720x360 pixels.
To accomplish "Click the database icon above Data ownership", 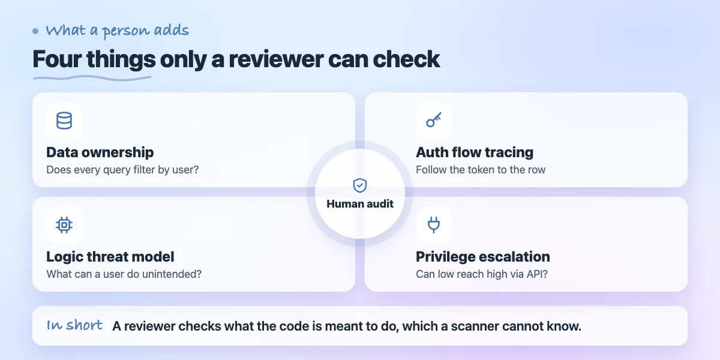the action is (x=64, y=121).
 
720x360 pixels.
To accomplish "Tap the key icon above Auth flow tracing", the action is (x=434, y=120).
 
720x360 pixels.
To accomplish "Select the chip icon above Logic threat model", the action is (x=64, y=224).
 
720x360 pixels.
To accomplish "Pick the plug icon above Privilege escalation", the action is (x=434, y=224).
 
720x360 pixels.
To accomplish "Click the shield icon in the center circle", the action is (x=360, y=185).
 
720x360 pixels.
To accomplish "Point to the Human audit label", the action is (x=360, y=204).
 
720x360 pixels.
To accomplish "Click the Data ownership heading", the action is (x=100, y=152).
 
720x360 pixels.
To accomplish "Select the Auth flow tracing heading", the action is (x=475, y=152).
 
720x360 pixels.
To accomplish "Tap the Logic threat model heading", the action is (x=110, y=257).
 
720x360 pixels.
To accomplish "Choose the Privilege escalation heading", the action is (x=483, y=257).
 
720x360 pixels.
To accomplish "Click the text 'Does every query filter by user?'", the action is (x=122, y=170).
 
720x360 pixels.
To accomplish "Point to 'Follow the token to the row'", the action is (x=481, y=170).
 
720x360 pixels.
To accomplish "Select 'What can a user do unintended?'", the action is (x=124, y=274).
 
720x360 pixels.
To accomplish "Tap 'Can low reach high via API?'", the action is (x=481, y=274).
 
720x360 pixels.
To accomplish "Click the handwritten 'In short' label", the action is (x=74, y=325).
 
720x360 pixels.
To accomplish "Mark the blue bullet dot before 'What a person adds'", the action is (x=35, y=31).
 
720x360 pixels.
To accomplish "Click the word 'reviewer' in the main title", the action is (x=276, y=59).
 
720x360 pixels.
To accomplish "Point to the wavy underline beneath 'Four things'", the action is (x=92, y=78).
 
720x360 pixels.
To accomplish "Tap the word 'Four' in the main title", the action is (x=57, y=59).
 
